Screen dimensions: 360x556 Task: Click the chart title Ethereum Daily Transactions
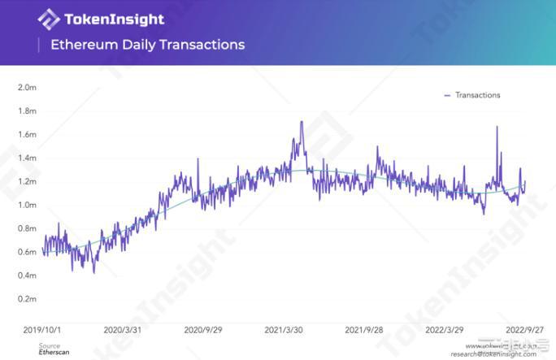[x=147, y=45]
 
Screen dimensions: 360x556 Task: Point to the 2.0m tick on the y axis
[x=27, y=87]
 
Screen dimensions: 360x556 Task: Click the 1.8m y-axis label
[x=27, y=111]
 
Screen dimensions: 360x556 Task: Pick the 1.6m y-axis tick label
[x=27, y=134]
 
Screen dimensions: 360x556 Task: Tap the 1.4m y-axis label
[x=27, y=158]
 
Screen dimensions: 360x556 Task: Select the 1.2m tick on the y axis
[x=27, y=181]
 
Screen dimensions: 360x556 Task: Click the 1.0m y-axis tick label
[x=27, y=205]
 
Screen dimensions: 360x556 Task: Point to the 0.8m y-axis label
[x=27, y=228]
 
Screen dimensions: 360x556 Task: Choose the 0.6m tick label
[x=27, y=252]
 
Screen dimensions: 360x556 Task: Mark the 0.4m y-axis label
[x=27, y=275]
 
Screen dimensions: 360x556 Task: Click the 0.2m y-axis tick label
[x=27, y=299]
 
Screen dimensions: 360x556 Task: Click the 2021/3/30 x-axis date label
[x=285, y=330]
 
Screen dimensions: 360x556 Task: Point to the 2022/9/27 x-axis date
[x=525, y=330]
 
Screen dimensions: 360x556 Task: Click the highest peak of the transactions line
[x=302, y=122]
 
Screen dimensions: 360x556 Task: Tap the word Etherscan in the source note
[x=54, y=353]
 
